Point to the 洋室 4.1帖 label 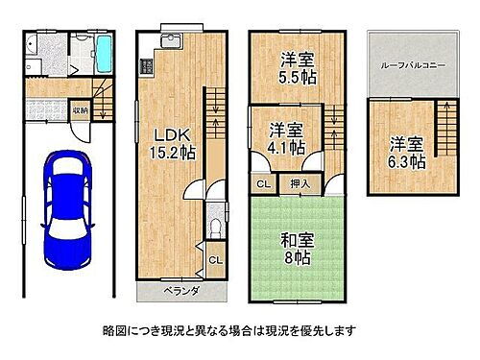pos(286,138)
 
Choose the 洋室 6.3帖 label pos(405,153)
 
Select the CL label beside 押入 pos(262,181)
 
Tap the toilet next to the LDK pos(216,227)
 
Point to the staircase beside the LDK pos(215,106)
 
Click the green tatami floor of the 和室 pos(288,274)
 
